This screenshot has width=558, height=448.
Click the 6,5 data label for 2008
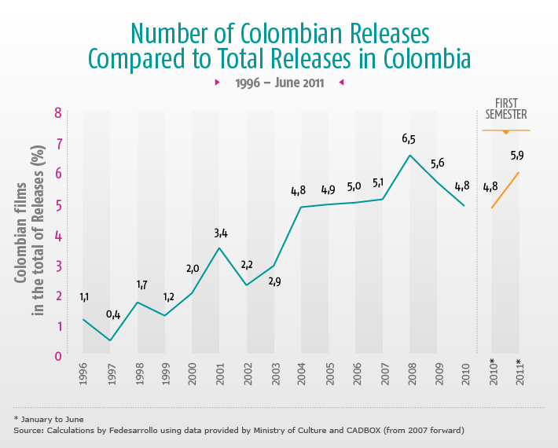(409, 139)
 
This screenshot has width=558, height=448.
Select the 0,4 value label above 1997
(113, 315)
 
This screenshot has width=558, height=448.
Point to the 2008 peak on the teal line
(409, 155)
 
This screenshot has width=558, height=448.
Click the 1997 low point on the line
(111, 340)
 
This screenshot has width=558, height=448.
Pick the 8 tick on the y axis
(57, 113)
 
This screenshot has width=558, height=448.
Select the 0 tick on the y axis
(57, 355)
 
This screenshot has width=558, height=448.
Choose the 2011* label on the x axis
(519, 373)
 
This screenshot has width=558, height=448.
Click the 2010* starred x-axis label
(492, 373)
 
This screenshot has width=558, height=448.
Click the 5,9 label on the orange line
(517, 155)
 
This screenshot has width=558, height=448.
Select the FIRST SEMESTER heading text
(505, 108)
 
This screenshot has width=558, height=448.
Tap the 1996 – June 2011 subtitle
(279, 82)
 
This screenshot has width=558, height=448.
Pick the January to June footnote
(51, 419)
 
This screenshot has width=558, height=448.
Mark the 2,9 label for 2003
(274, 281)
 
